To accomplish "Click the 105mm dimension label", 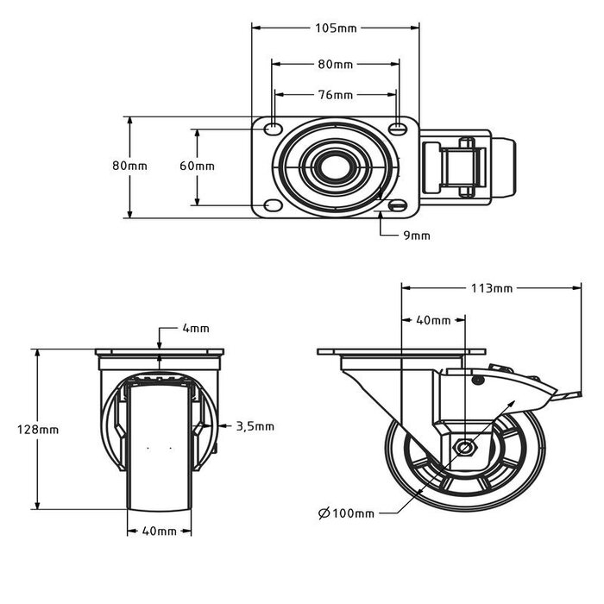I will pyautogui.click(x=336, y=28).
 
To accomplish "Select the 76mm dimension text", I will pyautogui.click(x=336, y=95).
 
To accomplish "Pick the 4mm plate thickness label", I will pyautogui.click(x=195, y=329).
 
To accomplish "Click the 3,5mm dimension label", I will pyautogui.click(x=255, y=425).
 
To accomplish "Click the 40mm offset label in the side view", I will pyautogui.click(x=433, y=320).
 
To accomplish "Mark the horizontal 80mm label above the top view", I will pyautogui.click(x=336, y=64).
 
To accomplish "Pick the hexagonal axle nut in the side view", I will pyautogui.click(x=465, y=448).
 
